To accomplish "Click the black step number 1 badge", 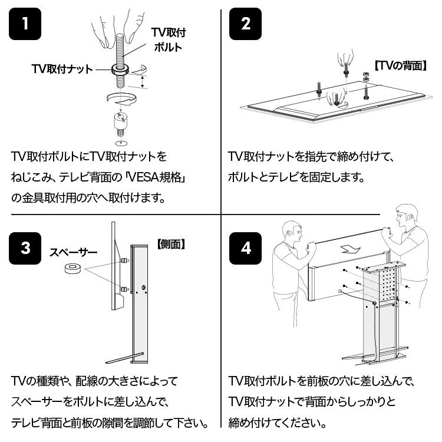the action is (x=25, y=24).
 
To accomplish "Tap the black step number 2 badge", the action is (x=245, y=24).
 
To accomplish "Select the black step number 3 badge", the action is (x=25, y=248).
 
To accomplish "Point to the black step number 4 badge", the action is (x=245, y=248).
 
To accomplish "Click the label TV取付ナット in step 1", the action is (x=62, y=69).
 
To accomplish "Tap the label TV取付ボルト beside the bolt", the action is (x=169, y=39).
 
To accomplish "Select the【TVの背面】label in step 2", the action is (x=400, y=66).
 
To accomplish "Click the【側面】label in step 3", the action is (x=171, y=244).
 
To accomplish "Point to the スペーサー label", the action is (x=73, y=252).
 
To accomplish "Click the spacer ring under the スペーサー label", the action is (x=72, y=269).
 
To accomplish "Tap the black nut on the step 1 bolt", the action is (x=120, y=69).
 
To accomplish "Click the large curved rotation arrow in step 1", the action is (x=122, y=99).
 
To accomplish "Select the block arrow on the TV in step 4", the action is (x=351, y=249).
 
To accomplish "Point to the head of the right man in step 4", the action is (x=406, y=217).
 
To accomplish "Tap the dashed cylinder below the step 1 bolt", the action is (x=120, y=121).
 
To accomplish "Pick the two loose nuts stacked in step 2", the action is (x=365, y=76).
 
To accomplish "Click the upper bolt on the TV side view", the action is (x=124, y=260).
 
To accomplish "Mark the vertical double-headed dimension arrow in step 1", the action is (x=143, y=82).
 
